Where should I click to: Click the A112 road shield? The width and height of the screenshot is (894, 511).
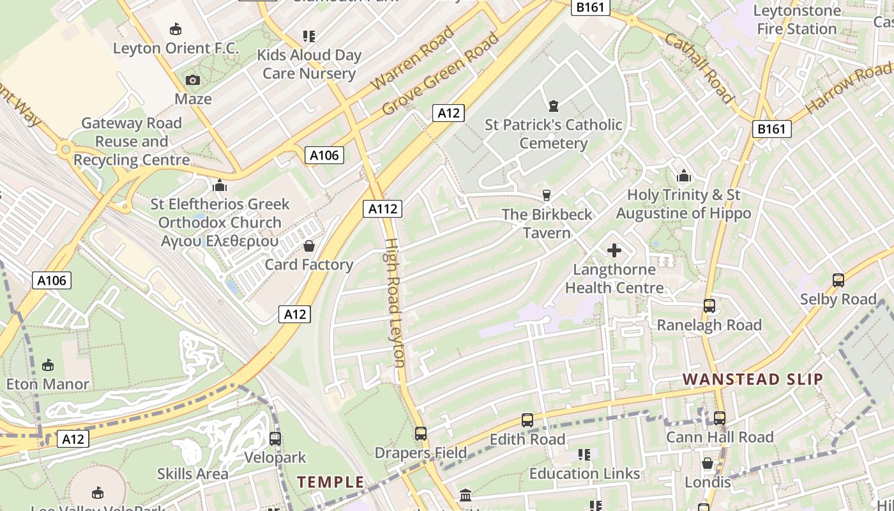(x=383, y=208)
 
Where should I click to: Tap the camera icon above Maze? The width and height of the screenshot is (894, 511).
(x=192, y=80)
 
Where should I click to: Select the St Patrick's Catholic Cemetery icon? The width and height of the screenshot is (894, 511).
(x=553, y=105)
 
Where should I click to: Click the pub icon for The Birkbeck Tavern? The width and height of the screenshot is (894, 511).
(x=546, y=195)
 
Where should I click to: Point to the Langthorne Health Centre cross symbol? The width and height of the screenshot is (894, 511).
(x=614, y=250)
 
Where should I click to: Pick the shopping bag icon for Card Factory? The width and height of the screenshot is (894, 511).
(x=309, y=246)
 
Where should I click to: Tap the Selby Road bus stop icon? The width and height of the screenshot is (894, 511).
(x=838, y=280)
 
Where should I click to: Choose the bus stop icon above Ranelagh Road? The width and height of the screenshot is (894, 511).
(x=709, y=305)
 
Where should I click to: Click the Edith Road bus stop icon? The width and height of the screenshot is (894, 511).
(x=527, y=420)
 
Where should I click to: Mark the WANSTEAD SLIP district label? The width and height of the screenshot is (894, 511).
(x=753, y=379)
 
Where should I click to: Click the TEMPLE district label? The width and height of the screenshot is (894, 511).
(x=331, y=482)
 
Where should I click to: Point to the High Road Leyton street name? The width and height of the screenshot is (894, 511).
(x=395, y=303)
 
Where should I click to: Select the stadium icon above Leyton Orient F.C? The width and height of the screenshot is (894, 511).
(x=176, y=29)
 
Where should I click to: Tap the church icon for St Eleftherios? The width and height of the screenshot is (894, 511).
(x=220, y=185)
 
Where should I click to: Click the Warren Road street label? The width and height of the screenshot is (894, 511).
(x=413, y=58)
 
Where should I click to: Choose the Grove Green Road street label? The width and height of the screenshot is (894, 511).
(x=440, y=75)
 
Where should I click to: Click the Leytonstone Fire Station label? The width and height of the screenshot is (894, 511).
(x=796, y=20)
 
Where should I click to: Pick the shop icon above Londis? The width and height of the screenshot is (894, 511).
(x=707, y=463)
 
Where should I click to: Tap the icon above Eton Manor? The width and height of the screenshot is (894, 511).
(x=47, y=365)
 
